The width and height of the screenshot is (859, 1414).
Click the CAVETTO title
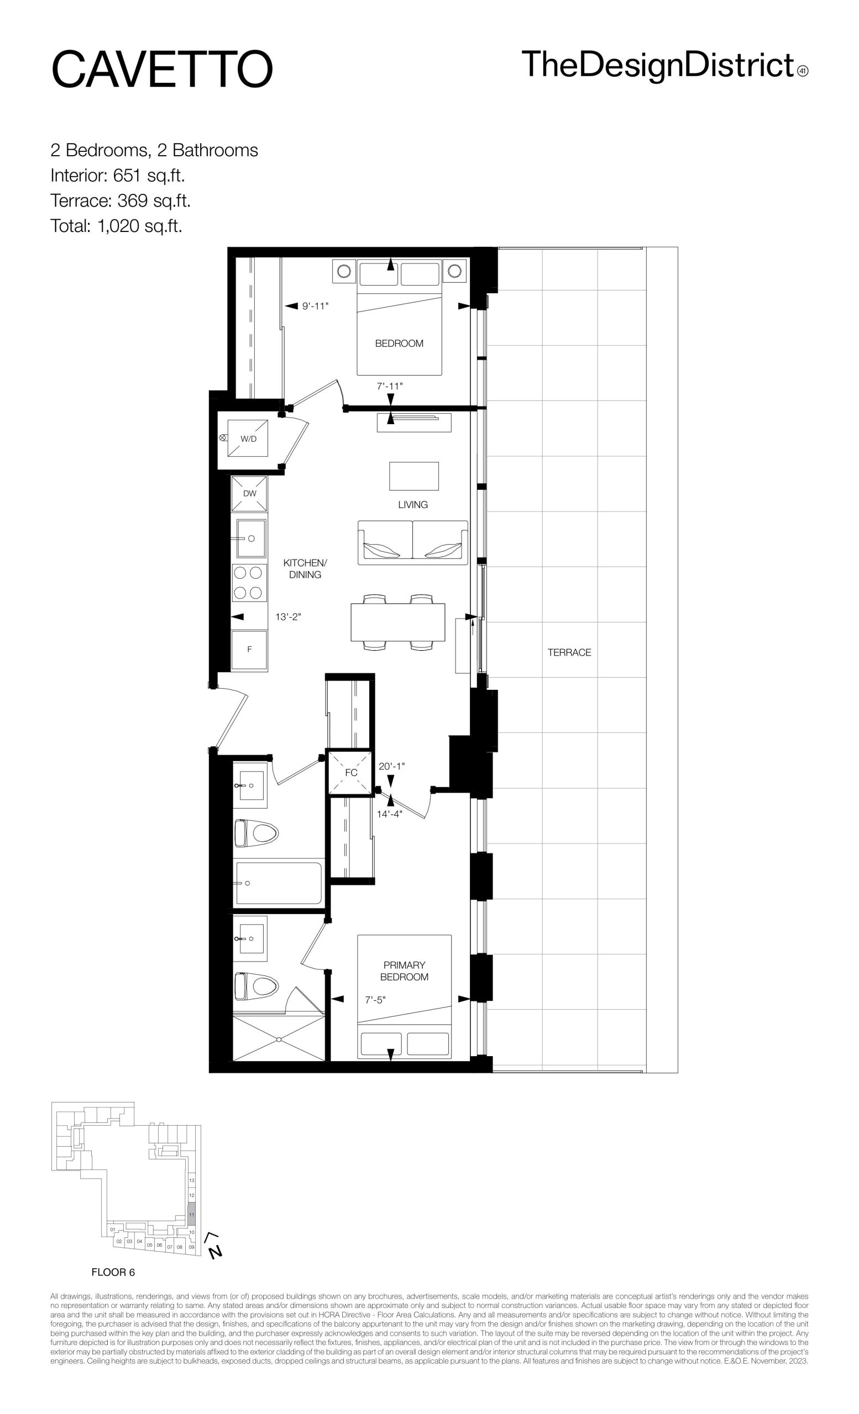(162, 69)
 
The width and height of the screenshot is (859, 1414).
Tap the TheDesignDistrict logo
(665, 65)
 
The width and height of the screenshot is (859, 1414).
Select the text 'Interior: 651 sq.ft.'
(118, 175)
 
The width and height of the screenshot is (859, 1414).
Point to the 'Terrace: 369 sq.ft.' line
(121, 201)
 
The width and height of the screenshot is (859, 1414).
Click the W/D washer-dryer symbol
(248, 438)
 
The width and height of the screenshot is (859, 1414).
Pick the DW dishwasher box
(249, 494)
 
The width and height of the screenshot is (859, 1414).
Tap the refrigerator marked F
(249, 650)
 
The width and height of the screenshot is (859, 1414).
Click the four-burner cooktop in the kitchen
(249, 583)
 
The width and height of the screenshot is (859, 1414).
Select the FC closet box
(351, 772)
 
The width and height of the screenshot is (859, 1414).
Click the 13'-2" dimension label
(288, 617)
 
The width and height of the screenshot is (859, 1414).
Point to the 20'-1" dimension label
(392, 766)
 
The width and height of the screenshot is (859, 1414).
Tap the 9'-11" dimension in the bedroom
(315, 306)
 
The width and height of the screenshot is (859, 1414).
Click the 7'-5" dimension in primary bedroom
(375, 1000)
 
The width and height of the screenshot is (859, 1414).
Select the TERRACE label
(569, 652)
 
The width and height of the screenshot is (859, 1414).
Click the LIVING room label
(413, 504)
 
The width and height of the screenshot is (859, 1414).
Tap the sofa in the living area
(413, 542)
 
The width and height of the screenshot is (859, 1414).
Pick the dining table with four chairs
(398, 622)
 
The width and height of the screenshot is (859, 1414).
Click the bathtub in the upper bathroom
(279, 883)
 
